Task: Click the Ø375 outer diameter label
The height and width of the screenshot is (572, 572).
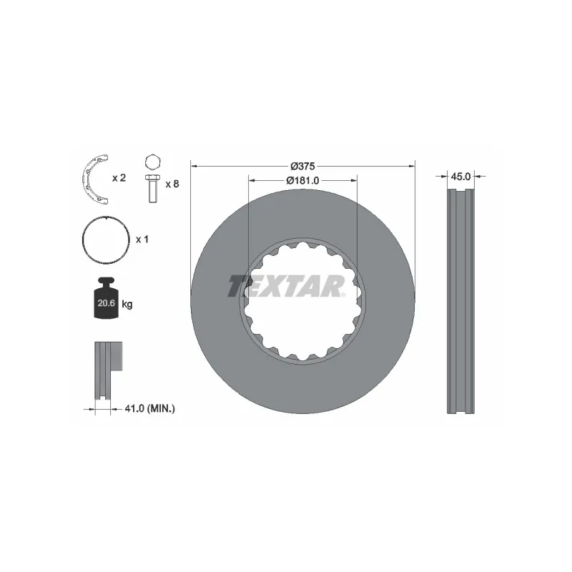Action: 302,166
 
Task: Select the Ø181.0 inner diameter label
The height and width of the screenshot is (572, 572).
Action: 302,181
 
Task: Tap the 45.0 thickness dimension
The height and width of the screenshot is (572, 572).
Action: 460,176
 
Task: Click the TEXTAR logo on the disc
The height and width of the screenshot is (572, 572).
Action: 287,286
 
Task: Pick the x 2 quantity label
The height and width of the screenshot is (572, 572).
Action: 118,177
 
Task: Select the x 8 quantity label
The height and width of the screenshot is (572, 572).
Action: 172,184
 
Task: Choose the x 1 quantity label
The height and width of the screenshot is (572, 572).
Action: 142,240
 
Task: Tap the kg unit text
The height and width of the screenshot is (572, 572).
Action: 127,305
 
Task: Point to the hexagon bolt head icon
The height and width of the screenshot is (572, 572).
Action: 152,161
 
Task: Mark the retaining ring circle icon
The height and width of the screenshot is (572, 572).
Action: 104,240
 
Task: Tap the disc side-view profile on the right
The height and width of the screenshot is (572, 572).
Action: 460,300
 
